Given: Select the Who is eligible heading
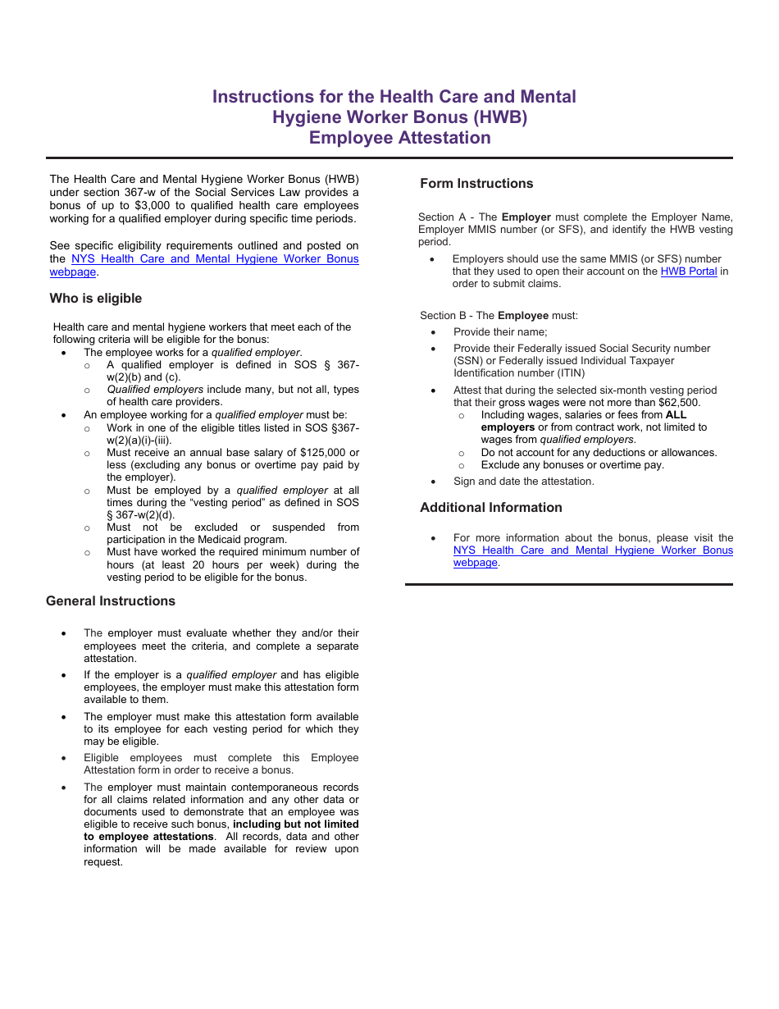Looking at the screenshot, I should click(95, 299).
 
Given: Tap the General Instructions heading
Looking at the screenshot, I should click(111, 601).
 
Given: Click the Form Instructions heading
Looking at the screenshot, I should click(476, 184).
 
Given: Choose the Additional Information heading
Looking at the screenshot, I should click(490, 508).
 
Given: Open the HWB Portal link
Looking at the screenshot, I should click(689, 272).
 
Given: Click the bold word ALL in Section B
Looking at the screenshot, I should click(676, 415).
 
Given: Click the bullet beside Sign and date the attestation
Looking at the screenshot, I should click(433, 482).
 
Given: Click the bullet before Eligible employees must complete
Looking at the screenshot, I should click(64, 759).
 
